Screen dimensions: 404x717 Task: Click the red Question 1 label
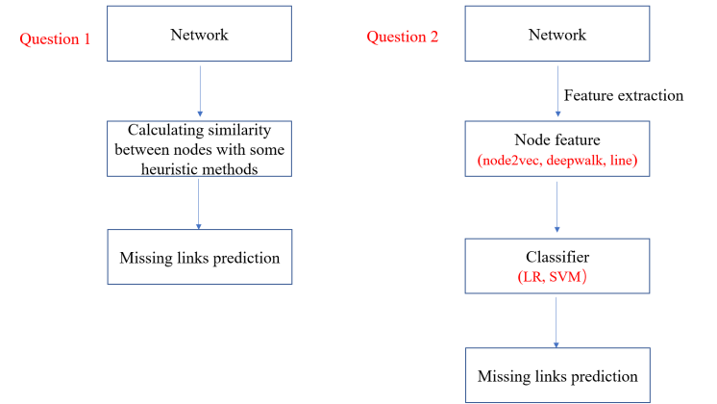57,38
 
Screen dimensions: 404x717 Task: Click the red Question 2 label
403,38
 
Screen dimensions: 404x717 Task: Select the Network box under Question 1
199,35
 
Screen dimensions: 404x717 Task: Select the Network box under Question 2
557,35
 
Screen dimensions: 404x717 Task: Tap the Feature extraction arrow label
623,95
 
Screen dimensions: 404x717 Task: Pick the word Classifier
556,257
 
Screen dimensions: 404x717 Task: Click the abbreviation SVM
571,277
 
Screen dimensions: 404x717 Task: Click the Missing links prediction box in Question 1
199,257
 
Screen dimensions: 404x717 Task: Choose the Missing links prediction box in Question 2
556,376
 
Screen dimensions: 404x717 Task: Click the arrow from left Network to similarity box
199,91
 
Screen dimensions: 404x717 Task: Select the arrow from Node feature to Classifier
557,208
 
